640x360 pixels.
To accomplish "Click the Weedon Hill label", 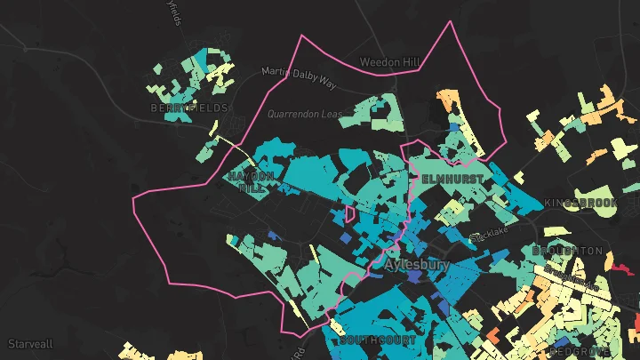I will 389,62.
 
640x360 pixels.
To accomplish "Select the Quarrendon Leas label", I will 305,114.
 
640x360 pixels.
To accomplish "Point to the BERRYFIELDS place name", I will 189,108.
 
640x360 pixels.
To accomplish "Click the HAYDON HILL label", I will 245,182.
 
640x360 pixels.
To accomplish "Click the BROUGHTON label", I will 567,252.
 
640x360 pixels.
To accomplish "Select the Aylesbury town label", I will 417,265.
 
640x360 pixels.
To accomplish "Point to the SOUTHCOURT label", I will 365,340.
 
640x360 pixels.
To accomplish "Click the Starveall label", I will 30,343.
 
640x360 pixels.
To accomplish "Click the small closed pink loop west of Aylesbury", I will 350,213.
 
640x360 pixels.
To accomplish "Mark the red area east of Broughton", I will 620,264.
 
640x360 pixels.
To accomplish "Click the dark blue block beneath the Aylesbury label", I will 414,277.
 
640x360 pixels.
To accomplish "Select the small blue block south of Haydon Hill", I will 272,236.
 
